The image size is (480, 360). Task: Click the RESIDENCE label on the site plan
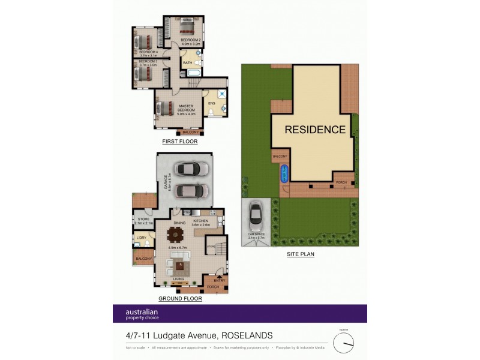pyautogui.click(x=315, y=130)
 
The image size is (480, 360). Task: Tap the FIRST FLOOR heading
pyautogui.click(x=180, y=142)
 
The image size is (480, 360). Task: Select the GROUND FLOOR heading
pyautogui.click(x=180, y=298)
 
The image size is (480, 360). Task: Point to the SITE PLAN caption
pyautogui.click(x=300, y=254)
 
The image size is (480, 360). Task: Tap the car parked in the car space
pyautogui.click(x=255, y=213)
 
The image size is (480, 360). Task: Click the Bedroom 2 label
pyautogui.click(x=191, y=42)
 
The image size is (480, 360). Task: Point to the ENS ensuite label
pyautogui.click(x=211, y=103)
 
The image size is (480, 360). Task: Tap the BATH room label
pyautogui.click(x=187, y=62)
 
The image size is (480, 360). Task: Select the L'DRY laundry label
pyautogui.click(x=140, y=238)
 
